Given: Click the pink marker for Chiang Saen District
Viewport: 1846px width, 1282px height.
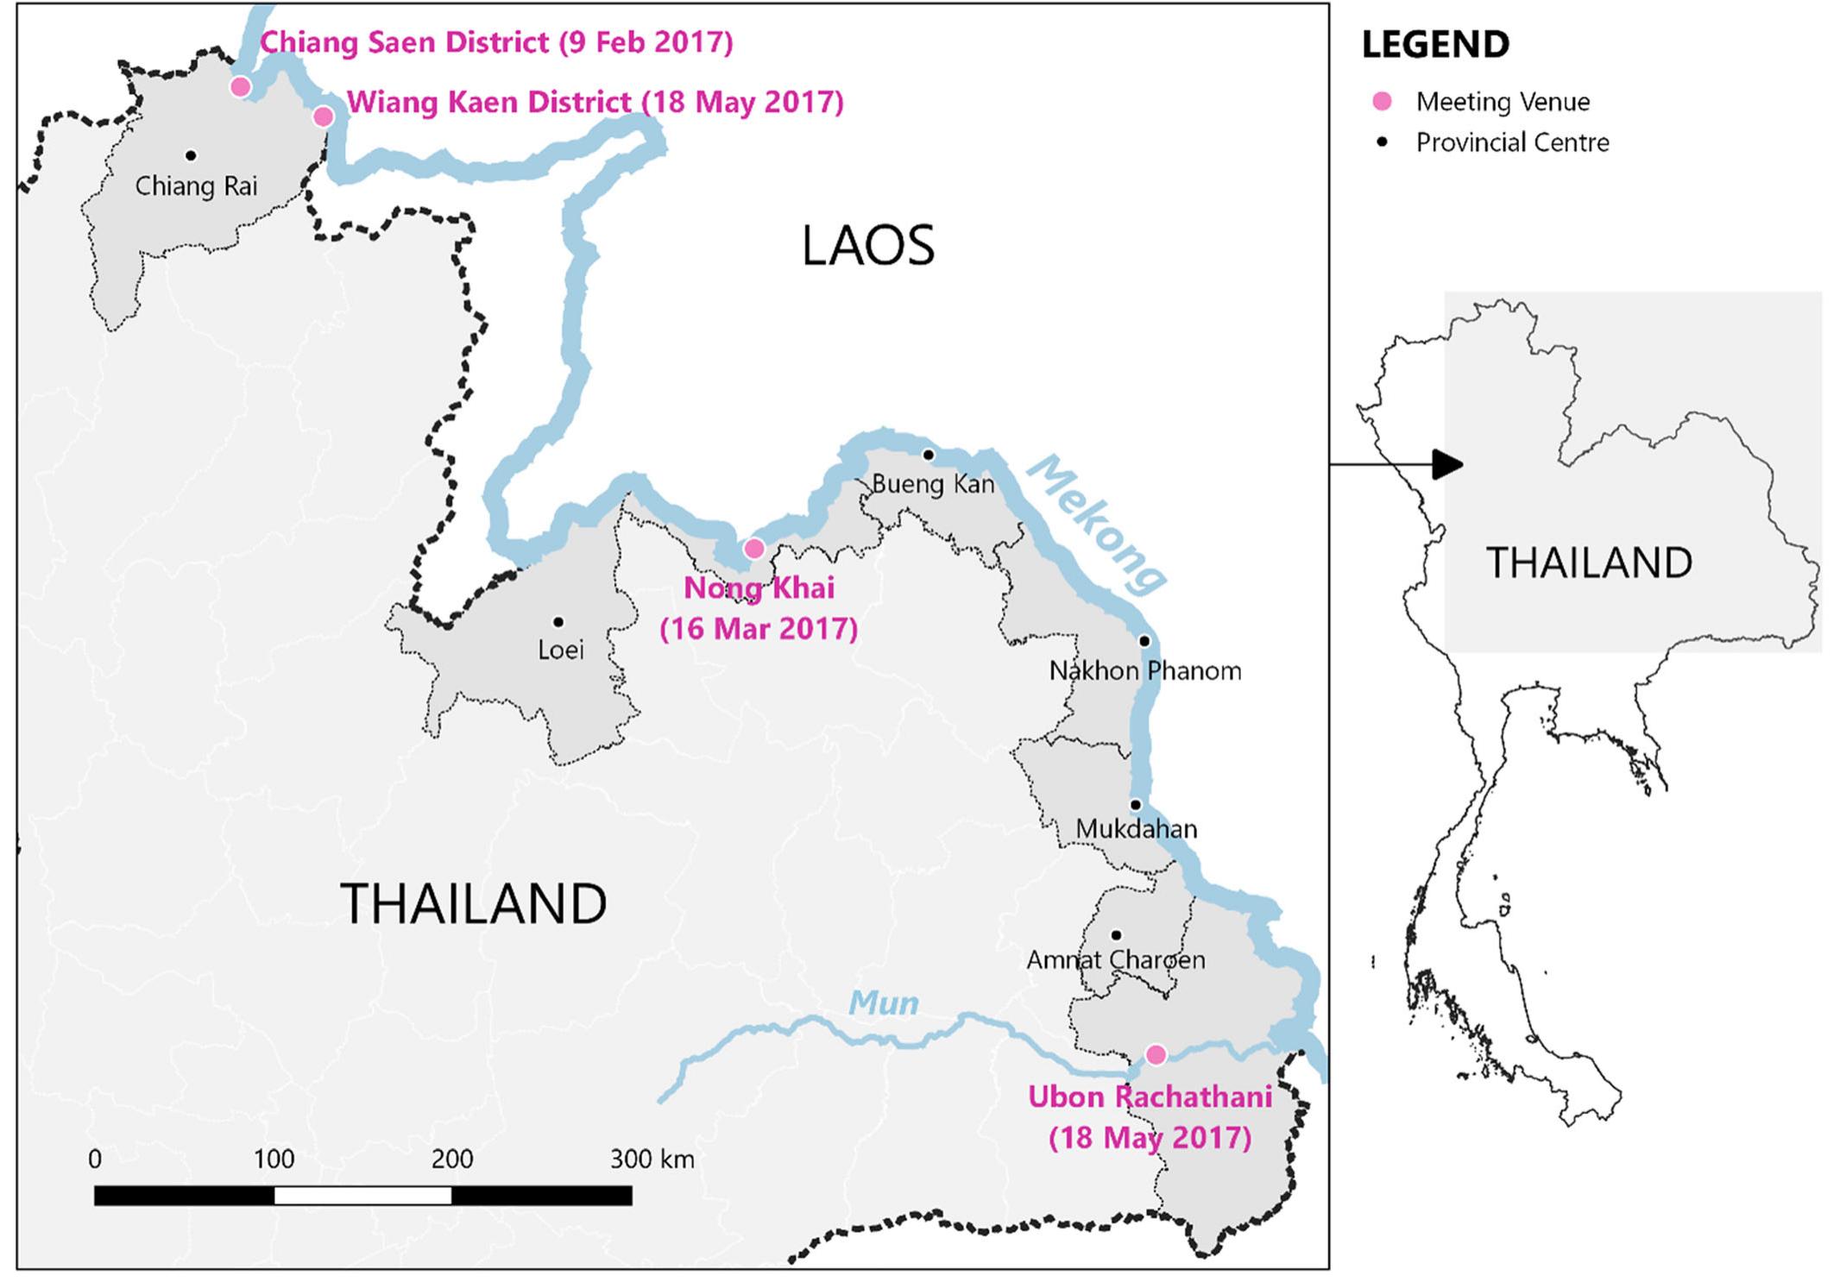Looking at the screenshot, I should [241, 86].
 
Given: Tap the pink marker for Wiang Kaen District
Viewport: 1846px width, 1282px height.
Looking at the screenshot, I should [323, 116].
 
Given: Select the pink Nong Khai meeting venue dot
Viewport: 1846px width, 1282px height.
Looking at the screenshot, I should [753, 548].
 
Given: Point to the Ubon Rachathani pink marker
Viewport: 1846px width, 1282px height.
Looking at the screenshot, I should [1156, 1054].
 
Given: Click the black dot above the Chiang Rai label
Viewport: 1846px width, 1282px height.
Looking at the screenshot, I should [191, 155].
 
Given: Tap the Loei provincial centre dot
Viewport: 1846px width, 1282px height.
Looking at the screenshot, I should [558, 622].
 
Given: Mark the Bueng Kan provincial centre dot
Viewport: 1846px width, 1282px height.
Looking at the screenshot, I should [929, 455].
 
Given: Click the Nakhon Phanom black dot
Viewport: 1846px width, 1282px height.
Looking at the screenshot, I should [1144, 641].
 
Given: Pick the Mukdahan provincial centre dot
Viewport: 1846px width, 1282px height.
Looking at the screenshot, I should [1136, 805].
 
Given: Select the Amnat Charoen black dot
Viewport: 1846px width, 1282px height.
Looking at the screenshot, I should [1116, 935].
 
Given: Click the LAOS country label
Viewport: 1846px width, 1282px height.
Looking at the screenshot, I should [867, 246].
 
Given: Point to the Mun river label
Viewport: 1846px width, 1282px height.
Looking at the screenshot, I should [883, 1002].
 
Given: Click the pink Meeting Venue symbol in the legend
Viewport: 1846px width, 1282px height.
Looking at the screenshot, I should [1383, 102].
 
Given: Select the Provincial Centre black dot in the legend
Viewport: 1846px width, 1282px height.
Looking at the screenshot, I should [1383, 142].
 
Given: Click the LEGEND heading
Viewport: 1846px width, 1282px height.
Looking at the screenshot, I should [1435, 45].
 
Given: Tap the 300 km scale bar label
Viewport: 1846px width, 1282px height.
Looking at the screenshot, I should [652, 1159].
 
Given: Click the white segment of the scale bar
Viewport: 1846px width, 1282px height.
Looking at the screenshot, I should [362, 1196].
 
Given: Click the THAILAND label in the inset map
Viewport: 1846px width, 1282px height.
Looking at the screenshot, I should [1588, 563].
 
